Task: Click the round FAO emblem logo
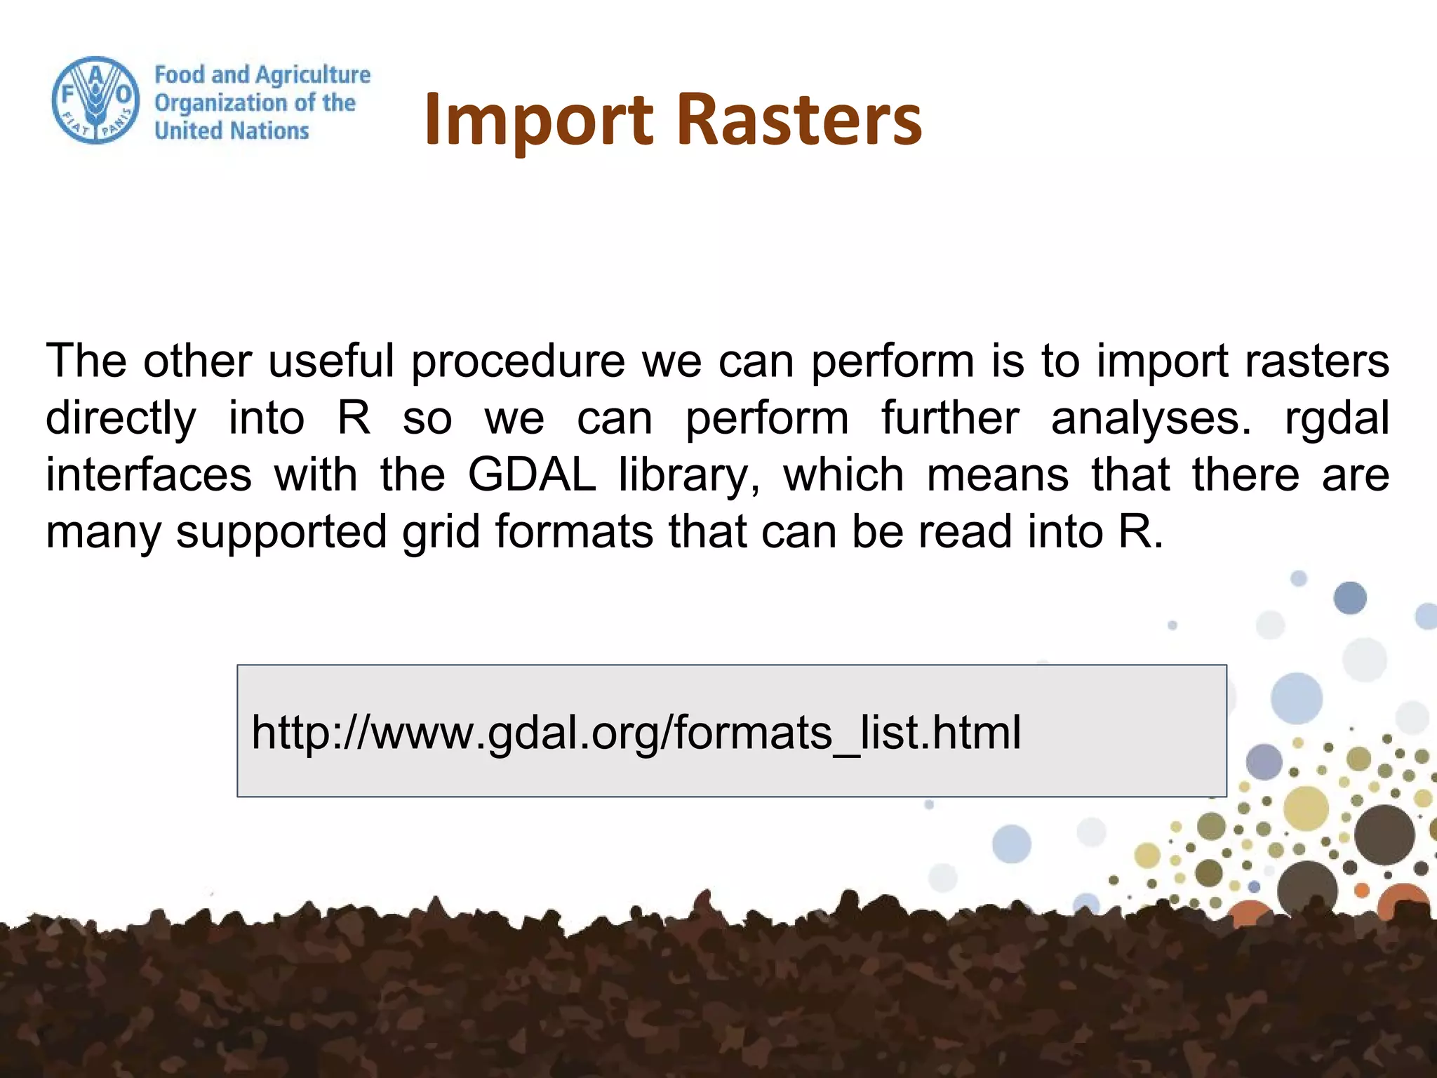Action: [95, 100]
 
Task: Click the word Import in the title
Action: [538, 121]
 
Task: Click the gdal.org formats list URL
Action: [636, 732]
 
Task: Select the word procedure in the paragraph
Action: [517, 361]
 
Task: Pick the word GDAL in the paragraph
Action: [531, 475]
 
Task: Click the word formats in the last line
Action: [574, 531]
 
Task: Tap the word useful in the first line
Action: [330, 361]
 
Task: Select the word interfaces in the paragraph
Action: [148, 475]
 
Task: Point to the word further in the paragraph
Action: [949, 418]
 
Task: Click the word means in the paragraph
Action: [997, 475]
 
